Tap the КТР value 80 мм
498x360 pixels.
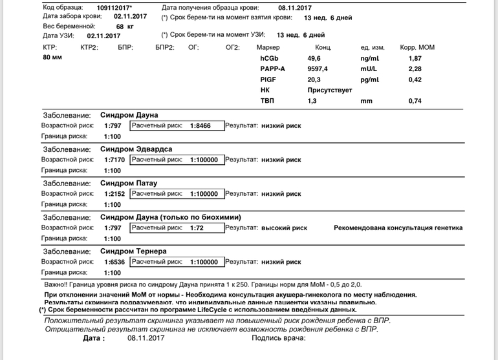tap(52, 58)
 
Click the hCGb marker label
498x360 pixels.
tap(269, 59)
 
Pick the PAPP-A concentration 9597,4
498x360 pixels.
tap(318, 69)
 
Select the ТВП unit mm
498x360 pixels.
tap(367, 101)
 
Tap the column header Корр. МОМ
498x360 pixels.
tap(418, 48)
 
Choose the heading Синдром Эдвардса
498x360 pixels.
tap(137, 149)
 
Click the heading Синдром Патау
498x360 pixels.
tap(129, 183)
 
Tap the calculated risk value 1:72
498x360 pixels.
tap(197, 228)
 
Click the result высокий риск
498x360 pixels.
tap(284, 228)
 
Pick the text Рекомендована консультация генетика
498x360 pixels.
tap(398, 228)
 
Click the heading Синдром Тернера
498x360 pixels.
tap(134, 251)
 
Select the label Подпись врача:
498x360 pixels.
tap(278, 338)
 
